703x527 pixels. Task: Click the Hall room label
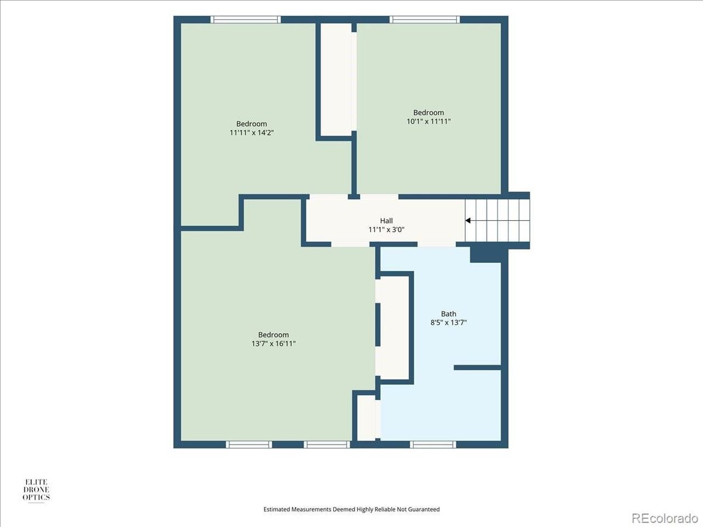(x=386, y=221)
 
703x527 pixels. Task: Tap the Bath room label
(x=448, y=313)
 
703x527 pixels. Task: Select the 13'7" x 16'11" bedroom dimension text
(x=274, y=344)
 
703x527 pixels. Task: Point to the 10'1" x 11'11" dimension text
(x=428, y=121)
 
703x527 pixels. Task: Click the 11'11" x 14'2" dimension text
(x=252, y=132)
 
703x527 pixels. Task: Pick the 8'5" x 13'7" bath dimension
(x=448, y=322)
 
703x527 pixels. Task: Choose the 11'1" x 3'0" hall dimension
(x=386, y=229)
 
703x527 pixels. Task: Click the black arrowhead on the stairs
(x=467, y=221)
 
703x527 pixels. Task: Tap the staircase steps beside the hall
(x=497, y=221)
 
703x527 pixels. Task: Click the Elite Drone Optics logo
(x=36, y=490)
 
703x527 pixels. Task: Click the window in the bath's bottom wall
(x=433, y=445)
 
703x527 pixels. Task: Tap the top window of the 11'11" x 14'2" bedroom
(x=246, y=20)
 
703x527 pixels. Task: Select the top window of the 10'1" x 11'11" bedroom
(x=425, y=20)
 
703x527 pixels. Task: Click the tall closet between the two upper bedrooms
(x=336, y=80)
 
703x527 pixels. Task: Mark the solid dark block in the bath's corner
(x=486, y=254)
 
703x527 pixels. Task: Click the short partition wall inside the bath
(x=477, y=368)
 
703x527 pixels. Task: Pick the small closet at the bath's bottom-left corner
(x=367, y=418)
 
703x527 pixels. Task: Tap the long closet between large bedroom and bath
(x=393, y=327)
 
